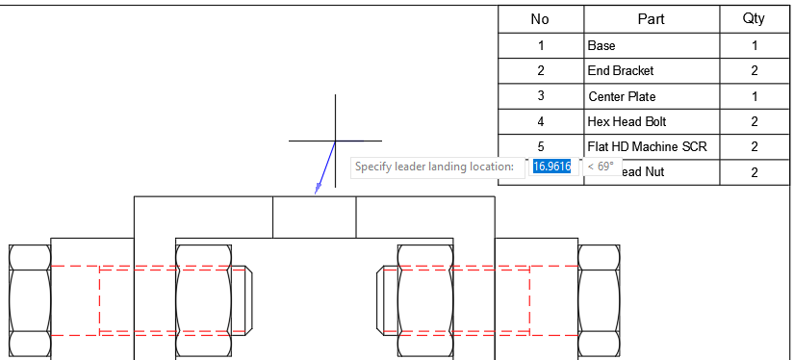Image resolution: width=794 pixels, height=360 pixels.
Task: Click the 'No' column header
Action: point(541,19)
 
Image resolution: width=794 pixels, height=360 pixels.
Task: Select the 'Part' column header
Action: point(652,19)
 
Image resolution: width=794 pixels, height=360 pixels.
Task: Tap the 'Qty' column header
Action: point(754,19)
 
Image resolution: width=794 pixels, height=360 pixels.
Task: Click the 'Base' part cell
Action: point(652,45)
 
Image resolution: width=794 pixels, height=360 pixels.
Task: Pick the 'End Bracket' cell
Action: point(652,70)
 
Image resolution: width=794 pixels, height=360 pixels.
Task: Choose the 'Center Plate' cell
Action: point(652,96)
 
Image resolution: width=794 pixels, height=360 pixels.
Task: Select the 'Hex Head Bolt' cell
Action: point(652,121)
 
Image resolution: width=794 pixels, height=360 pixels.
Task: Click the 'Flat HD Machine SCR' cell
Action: point(652,146)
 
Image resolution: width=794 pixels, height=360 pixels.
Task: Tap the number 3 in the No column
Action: point(541,96)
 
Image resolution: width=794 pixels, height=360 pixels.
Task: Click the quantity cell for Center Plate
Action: point(754,96)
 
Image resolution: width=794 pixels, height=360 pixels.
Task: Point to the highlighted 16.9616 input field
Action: point(552,167)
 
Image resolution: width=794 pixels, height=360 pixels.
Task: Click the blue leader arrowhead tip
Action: point(316,193)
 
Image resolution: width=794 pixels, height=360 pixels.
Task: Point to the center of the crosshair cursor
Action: point(335,141)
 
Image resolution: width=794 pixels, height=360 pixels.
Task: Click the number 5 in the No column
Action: point(541,146)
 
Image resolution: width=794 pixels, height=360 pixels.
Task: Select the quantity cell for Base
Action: point(754,45)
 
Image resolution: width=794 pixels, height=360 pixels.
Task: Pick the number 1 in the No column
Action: point(541,45)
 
